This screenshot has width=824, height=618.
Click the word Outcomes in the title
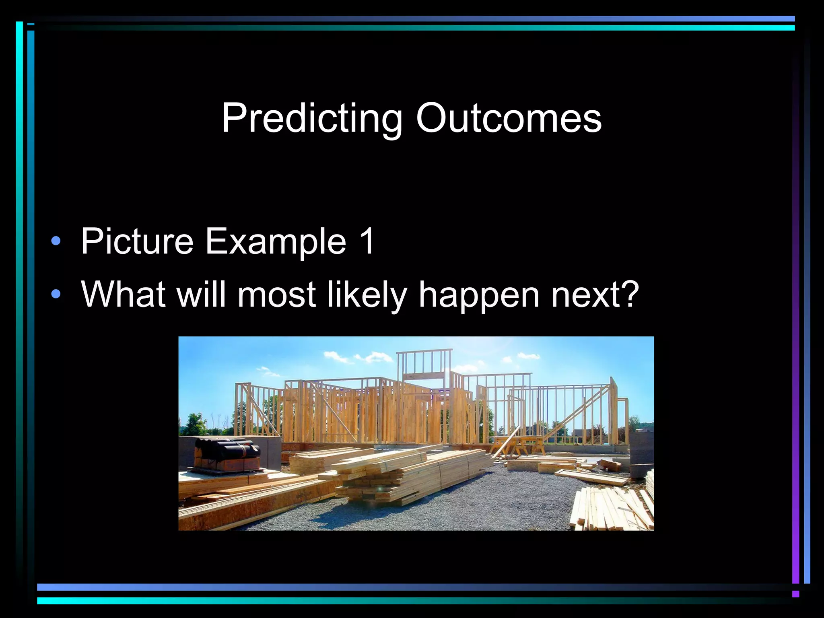[x=509, y=118]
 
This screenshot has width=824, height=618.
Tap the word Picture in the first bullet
[x=137, y=241]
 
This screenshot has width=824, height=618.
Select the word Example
[x=276, y=241]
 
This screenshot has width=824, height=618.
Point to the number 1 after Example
[x=367, y=241]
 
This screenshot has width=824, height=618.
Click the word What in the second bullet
[x=124, y=295]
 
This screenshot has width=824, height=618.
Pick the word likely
[x=367, y=295]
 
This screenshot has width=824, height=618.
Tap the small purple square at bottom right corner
[x=795, y=594]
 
